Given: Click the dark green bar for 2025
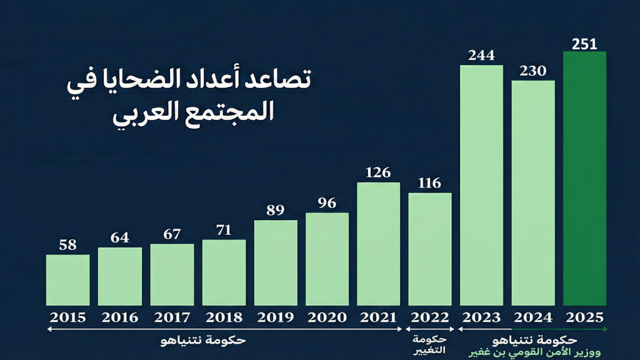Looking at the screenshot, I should pyautogui.click(x=584, y=178).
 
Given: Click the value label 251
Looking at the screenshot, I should pyautogui.click(x=585, y=44).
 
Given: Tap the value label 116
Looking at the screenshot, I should pyautogui.click(x=429, y=183).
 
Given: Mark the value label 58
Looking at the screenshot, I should pyautogui.click(x=67, y=245).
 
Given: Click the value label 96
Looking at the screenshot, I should pyautogui.click(x=327, y=203).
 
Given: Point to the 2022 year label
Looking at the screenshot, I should pyautogui.click(x=429, y=317).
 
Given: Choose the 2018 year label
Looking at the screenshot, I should pyautogui.click(x=223, y=317).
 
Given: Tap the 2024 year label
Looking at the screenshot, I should pyautogui.click(x=533, y=317).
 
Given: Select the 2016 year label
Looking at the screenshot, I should pyautogui.click(x=119, y=317).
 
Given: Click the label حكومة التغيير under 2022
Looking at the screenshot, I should pyautogui.click(x=429, y=344).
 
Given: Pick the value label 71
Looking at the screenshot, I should pyautogui.click(x=223, y=231).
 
